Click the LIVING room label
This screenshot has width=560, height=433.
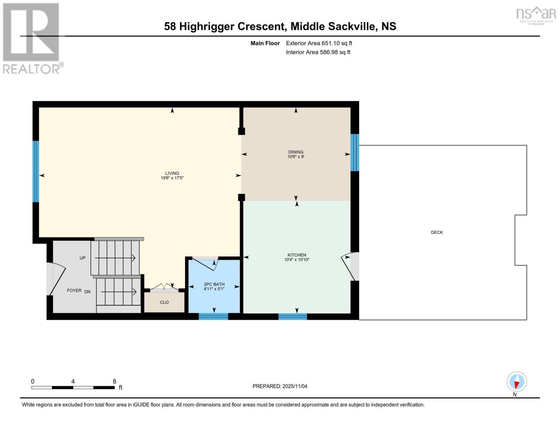click(x=172, y=173)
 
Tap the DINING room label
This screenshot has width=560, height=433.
click(x=296, y=152)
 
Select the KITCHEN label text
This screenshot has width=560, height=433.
click(x=297, y=255)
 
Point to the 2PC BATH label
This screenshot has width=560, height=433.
click(x=214, y=284)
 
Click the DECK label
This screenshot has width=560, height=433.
click(x=437, y=232)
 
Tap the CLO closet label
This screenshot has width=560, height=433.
click(x=164, y=302)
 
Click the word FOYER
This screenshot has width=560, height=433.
click(x=74, y=290)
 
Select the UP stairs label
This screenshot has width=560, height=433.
click(x=83, y=258)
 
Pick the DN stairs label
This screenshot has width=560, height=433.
click(x=88, y=292)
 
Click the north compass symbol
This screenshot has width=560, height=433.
click(x=517, y=382)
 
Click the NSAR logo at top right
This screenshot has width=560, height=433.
click(x=536, y=15)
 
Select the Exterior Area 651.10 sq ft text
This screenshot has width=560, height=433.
click(x=319, y=43)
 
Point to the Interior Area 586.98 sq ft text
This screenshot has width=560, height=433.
click(x=318, y=52)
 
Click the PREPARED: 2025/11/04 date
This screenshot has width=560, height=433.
click(x=280, y=386)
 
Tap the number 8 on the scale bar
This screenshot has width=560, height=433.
click(x=114, y=381)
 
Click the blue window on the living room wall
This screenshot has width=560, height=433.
click(x=36, y=171)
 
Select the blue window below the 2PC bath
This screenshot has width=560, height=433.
click(x=213, y=317)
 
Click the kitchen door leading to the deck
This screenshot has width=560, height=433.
click(x=349, y=267)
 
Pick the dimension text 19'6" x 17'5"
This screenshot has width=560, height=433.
click(x=172, y=178)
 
